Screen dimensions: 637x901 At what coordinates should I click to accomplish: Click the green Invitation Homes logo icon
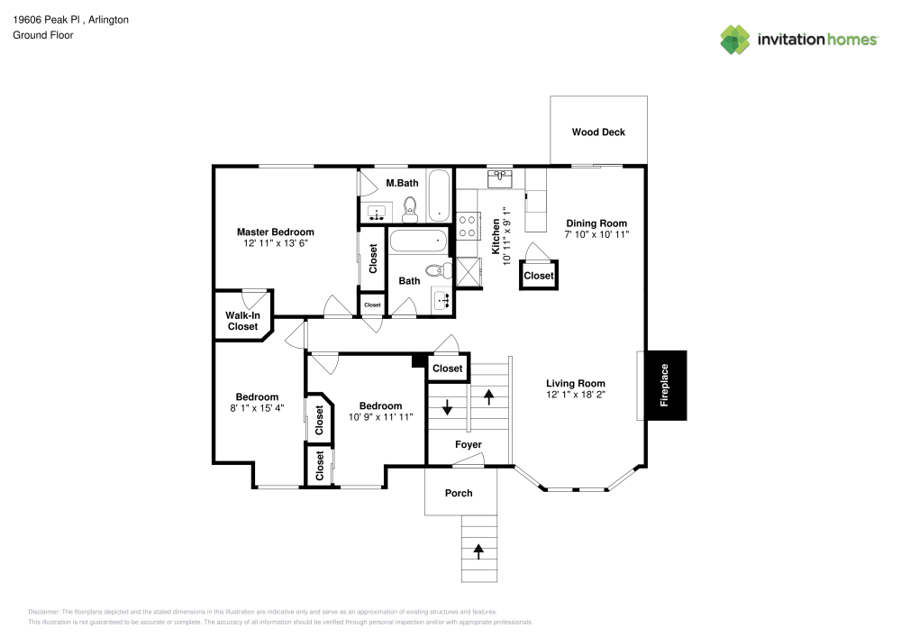[x=735, y=40]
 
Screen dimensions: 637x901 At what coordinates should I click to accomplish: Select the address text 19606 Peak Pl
[x=47, y=19]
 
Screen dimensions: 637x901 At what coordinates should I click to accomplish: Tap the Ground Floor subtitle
[x=43, y=35]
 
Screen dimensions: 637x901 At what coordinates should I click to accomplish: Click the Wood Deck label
[x=598, y=132]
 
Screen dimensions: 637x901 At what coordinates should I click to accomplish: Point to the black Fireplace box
[x=665, y=386]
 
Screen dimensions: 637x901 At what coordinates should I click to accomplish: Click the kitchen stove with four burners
[x=469, y=225]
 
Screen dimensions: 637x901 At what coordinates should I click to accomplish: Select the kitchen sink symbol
[x=499, y=179]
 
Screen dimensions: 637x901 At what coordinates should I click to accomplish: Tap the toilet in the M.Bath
[x=410, y=209]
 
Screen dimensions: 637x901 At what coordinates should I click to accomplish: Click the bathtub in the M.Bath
[x=439, y=196]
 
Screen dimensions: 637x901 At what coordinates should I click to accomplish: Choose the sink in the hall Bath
[x=441, y=300]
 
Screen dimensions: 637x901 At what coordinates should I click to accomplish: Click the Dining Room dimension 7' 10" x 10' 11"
[x=596, y=234]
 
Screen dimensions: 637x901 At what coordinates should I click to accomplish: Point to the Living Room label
[x=575, y=383]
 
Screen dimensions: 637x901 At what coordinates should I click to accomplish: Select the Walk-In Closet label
[x=241, y=321]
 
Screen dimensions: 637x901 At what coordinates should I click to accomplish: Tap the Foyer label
[x=468, y=445]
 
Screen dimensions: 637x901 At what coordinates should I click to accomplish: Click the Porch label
[x=459, y=493]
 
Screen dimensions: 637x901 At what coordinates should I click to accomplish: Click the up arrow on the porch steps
[x=478, y=548]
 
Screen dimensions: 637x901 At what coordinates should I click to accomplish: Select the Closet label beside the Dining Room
[x=539, y=276]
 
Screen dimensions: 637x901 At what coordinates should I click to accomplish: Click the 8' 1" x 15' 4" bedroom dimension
[x=257, y=408]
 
